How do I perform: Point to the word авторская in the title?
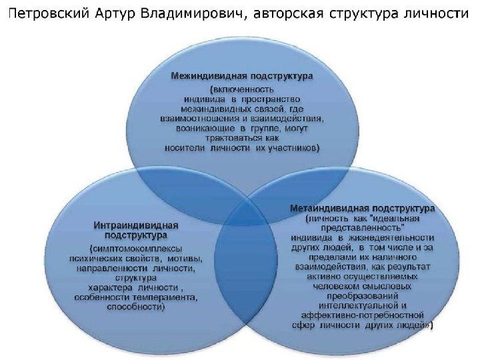click(293, 14)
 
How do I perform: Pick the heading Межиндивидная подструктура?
click(242, 76)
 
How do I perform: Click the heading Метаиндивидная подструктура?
click(363, 208)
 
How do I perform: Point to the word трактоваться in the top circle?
click(237, 139)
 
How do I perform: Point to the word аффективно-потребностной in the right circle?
click(363, 316)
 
